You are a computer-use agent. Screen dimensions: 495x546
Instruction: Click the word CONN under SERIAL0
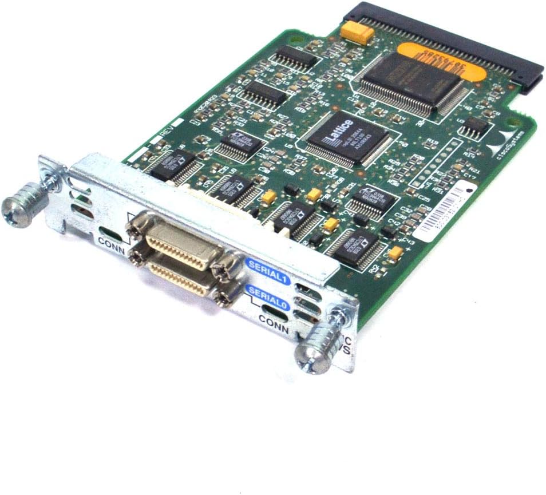(x=273, y=321)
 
